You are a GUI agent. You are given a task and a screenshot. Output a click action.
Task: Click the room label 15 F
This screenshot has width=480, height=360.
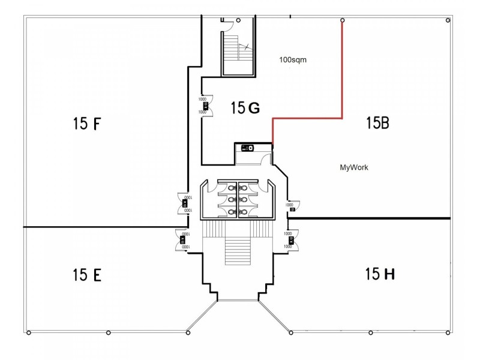pyautogui.click(x=87, y=124)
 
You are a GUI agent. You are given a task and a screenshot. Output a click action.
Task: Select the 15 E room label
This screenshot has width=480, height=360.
pyautogui.click(x=87, y=275)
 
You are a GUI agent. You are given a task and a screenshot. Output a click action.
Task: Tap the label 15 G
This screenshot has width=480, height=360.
pyautogui.click(x=245, y=108)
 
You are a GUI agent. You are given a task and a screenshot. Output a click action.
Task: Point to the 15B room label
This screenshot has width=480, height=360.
pyautogui.click(x=378, y=123)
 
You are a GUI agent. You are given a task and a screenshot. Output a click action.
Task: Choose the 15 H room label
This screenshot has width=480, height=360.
pyautogui.click(x=380, y=275)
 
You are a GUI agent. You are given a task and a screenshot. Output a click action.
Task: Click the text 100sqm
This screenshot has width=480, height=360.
pyautogui.click(x=293, y=60)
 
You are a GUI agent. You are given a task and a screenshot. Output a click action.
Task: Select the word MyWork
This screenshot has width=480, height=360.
pyautogui.click(x=354, y=168)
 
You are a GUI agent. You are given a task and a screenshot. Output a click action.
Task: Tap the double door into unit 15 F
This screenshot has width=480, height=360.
pyautogui.click(x=184, y=203)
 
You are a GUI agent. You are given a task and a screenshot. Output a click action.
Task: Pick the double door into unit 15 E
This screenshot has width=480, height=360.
pyautogui.click(x=182, y=241)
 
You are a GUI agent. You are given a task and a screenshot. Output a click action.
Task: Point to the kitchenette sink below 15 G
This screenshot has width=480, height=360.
pyautogui.click(x=247, y=148)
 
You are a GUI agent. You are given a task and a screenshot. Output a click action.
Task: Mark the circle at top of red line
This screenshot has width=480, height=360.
pyautogui.click(x=342, y=21)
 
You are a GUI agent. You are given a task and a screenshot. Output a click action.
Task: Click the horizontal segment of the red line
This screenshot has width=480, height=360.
pyautogui.click(x=307, y=118)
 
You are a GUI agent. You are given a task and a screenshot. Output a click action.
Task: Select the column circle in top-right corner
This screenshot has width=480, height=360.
pyautogui.click(x=448, y=21)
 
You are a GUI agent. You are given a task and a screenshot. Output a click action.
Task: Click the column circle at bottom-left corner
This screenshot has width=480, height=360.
pyautogui.click(x=28, y=332)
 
